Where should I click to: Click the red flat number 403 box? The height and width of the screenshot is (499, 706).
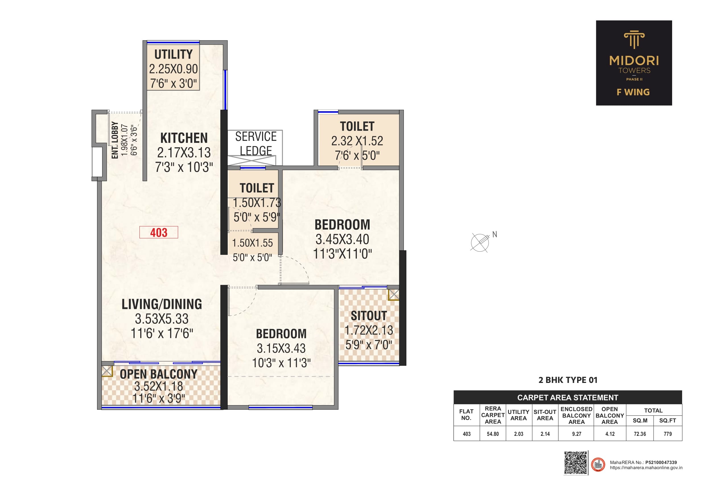(x=159, y=232)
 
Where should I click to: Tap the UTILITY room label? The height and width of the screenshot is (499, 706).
(x=173, y=54)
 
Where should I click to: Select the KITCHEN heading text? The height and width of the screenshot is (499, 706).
(x=184, y=138)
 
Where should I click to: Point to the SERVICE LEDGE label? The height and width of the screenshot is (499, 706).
(x=256, y=144)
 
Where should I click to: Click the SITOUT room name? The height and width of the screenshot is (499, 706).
(x=369, y=316)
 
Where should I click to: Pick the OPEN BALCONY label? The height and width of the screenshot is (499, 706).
(x=159, y=374)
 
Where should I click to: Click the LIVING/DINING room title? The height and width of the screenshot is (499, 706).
(x=162, y=304)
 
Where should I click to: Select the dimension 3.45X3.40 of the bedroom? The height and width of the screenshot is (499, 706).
(x=342, y=239)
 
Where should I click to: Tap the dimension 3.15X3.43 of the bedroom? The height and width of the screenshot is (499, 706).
(x=281, y=348)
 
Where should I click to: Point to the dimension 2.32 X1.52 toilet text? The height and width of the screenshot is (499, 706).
(x=357, y=141)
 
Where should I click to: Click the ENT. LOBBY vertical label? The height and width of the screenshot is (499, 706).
(x=115, y=140)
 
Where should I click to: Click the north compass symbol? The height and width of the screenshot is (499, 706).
(x=480, y=242)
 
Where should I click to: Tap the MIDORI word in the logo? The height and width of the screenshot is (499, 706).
(x=634, y=61)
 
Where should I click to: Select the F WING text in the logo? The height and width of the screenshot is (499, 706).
(x=633, y=92)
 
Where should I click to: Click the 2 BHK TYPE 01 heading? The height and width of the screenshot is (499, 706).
(x=568, y=380)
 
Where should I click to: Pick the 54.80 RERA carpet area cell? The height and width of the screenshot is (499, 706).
(x=493, y=434)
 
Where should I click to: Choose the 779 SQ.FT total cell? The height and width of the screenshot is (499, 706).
(x=668, y=434)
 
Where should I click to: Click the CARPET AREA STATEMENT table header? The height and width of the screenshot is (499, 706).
(x=568, y=397)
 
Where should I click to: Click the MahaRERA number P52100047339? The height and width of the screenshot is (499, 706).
(x=661, y=462)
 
